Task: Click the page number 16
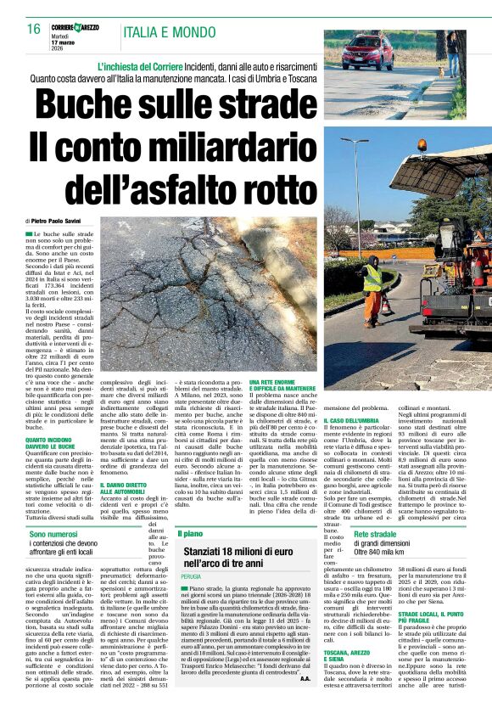click(x=33, y=30)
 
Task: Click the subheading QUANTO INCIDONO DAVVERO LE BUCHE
click(x=50, y=442)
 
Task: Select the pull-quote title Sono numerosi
click(x=53, y=533)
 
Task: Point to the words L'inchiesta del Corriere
click(x=150, y=66)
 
